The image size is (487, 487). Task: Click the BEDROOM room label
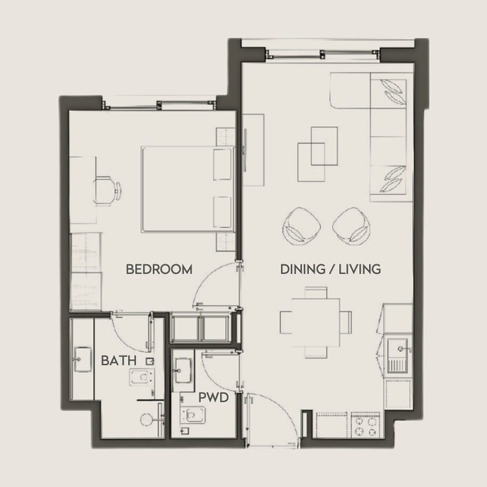pyautogui.click(x=159, y=269)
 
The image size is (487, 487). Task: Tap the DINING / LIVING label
pyautogui.click(x=331, y=268)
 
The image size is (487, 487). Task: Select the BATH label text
pyautogui.click(x=119, y=360)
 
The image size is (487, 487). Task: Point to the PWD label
pyautogui.click(x=213, y=398)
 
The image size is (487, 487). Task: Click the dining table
pyautogui.click(x=315, y=320)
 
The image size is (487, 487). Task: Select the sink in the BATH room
pyautogui.click(x=81, y=360)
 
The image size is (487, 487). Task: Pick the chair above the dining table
pyautogui.click(x=315, y=291)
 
